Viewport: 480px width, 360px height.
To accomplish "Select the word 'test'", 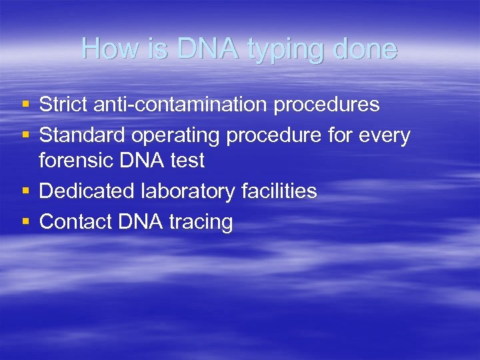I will point(187,161).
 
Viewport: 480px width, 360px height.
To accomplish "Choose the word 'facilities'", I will point(279,191).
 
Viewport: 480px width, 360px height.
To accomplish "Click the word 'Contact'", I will point(75,222).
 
